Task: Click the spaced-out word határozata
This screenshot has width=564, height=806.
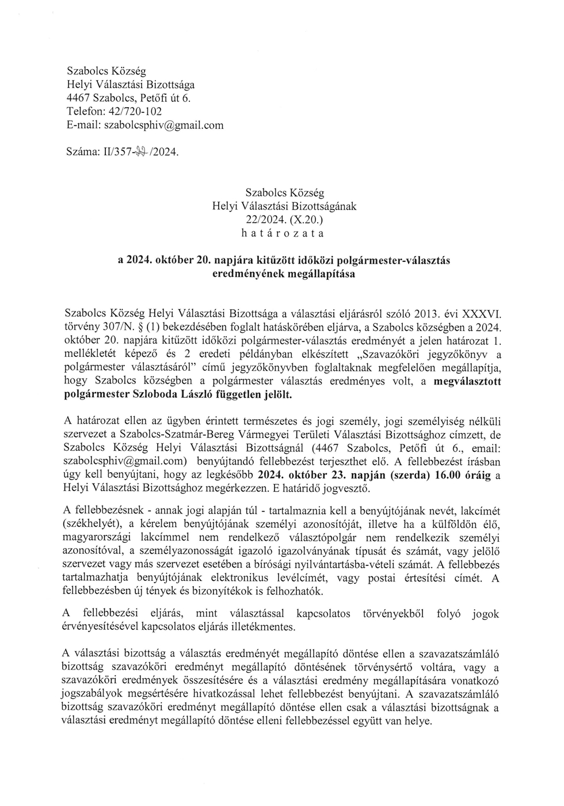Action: pyautogui.click(x=284, y=233)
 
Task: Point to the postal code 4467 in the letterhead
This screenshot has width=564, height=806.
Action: pyautogui.click(x=78, y=98)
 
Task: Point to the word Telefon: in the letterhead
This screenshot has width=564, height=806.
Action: pyautogui.click(x=85, y=111)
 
